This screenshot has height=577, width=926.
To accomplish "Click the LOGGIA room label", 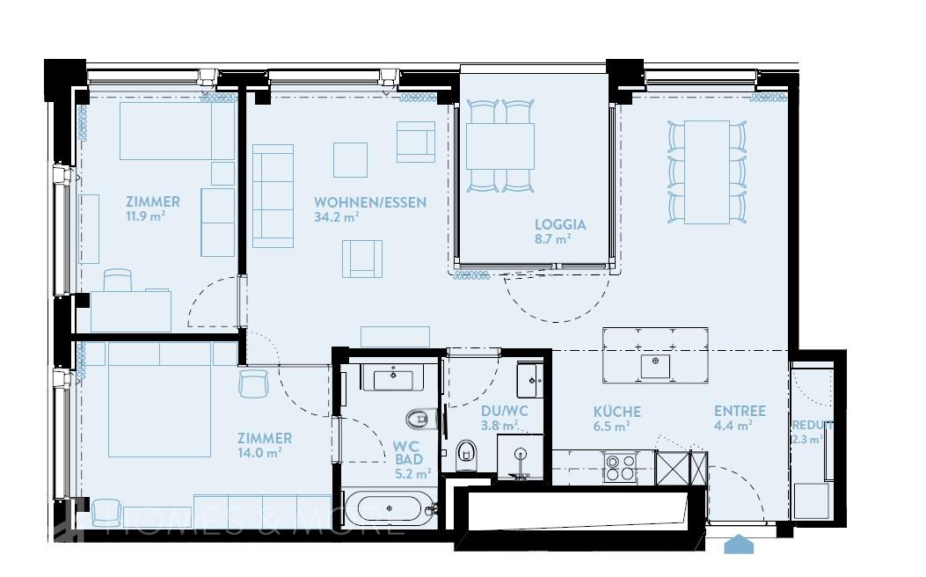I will [x=560, y=224].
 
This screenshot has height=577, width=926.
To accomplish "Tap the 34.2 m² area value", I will [x=337, y=217].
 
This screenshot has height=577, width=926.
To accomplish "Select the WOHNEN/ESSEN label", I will [x=370, y=202].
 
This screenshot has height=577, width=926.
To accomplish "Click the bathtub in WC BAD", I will [x=388, y=509].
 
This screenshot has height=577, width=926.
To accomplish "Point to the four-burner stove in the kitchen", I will [x=620, y=465].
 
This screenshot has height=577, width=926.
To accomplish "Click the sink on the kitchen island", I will [x=655, y=365].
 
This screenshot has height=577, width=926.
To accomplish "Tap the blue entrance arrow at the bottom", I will [x=739, y=545].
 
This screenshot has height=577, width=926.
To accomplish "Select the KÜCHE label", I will [x=616, y=412].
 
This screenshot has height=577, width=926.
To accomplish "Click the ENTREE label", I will [x=740, y=411].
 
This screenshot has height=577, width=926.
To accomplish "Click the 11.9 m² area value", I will [x=147, y=216].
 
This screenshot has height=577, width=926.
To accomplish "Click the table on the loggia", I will [x=500, y=145].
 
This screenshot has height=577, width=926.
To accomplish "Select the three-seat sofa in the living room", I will [x=273, y=195].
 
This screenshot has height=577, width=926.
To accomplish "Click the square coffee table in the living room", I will [x=350, y=159].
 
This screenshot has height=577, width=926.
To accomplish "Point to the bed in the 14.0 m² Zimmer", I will [x=160, y=400].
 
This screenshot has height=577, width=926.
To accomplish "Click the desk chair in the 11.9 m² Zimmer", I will [x=118, y=280].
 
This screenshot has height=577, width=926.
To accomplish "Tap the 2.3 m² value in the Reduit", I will [x=807, y=439].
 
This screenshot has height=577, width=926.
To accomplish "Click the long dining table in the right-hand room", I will [x=707, y=171].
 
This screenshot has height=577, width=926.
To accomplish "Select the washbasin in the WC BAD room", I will [x=393, y=379].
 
